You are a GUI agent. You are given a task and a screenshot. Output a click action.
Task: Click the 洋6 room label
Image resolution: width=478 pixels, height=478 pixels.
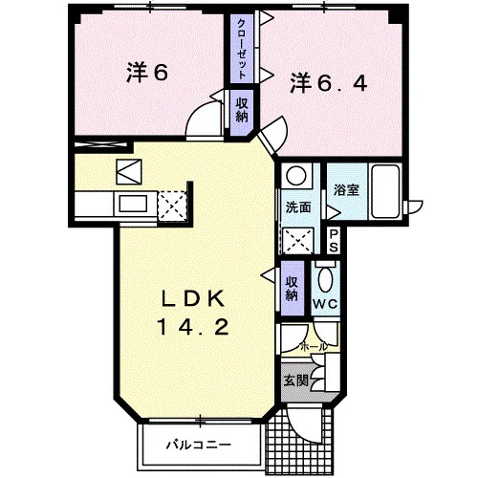coord(147,73)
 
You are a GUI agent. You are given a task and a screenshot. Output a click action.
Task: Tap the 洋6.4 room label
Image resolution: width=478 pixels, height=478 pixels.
coord(329,83)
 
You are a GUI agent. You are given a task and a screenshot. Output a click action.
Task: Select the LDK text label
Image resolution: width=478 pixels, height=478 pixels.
coord(193,299)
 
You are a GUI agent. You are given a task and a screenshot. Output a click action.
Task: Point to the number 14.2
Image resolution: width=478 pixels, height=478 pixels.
coord(193,327)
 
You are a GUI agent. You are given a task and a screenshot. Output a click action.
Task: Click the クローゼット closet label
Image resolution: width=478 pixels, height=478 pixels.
coord(242,49)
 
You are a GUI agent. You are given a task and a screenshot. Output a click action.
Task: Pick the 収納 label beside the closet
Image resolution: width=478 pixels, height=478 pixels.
coord(242,110)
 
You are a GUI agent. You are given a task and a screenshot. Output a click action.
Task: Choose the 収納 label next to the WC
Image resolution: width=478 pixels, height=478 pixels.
coord(292,289)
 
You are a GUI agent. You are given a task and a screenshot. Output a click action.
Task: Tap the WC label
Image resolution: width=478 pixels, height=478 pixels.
coord(325,304)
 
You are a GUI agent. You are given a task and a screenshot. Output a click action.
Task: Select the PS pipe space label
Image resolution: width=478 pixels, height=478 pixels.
coord(334,240)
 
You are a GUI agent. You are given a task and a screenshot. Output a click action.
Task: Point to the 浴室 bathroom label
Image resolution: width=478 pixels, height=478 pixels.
coord(346,190)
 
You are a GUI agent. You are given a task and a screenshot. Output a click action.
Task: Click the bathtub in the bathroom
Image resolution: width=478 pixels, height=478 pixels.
coord(386,191)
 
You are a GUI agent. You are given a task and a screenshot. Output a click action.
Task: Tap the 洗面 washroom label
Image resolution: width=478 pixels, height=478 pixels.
coord(298,207)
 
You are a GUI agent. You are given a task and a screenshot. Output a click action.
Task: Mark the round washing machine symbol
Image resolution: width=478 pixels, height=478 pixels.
coord(296,176)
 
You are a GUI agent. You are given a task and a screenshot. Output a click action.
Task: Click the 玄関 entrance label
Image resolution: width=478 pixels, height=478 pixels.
coord(296,380)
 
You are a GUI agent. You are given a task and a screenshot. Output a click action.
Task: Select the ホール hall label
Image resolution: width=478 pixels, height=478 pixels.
coord(314,347)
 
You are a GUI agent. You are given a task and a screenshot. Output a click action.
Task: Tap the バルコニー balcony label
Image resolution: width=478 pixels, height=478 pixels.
coord(198,445)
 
